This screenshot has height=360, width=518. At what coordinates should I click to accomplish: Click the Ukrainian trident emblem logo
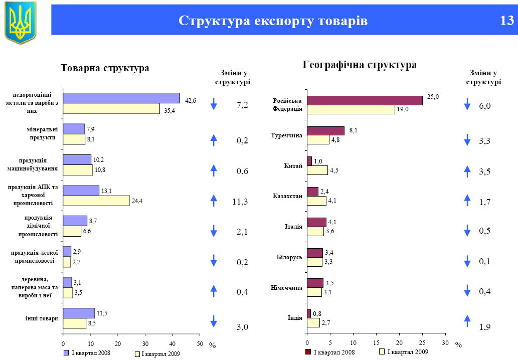pyautogui.click(x=21, y=22)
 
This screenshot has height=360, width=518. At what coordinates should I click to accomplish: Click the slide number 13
pyautogui.click(x=506, y=21)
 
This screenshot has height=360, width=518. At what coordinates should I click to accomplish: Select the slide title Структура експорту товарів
pyautogui.click(x=273, y=21)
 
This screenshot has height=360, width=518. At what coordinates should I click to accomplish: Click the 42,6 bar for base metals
pyautogui.click(x=121, y=98)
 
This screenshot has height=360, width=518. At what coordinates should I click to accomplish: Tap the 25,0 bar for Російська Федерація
pyautogui.click(x=365, y=100)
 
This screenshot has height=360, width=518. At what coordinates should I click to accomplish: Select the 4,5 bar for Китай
pyautogui.click(x=317, y=170)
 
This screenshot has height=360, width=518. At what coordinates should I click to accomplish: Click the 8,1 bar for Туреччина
pyautogui.click(x=325, y=130)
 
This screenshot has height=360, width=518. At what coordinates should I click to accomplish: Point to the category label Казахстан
pyautogui.click(x=287, y=196)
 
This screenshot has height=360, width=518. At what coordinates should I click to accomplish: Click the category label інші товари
pyautogui.click(x=42, y=318)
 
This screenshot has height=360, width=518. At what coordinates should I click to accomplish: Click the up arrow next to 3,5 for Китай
pyautogui.click(x=467, y=171)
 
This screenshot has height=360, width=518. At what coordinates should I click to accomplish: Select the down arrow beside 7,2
pyautogui.click(x=214, y=104)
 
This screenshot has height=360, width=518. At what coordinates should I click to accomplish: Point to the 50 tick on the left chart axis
pyautogui.click(x=200, y=343)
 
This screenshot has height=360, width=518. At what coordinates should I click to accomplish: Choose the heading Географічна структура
pyautogui.click(x=360, y=65)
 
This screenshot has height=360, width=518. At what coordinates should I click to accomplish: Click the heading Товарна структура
pyautogui.click(x=105, y=68)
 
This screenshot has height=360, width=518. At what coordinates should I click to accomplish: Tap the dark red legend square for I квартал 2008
pyautogui.click(x=308, y=352)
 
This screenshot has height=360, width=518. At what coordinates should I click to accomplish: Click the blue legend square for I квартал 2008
pyautogui.click(x=66, y=352)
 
